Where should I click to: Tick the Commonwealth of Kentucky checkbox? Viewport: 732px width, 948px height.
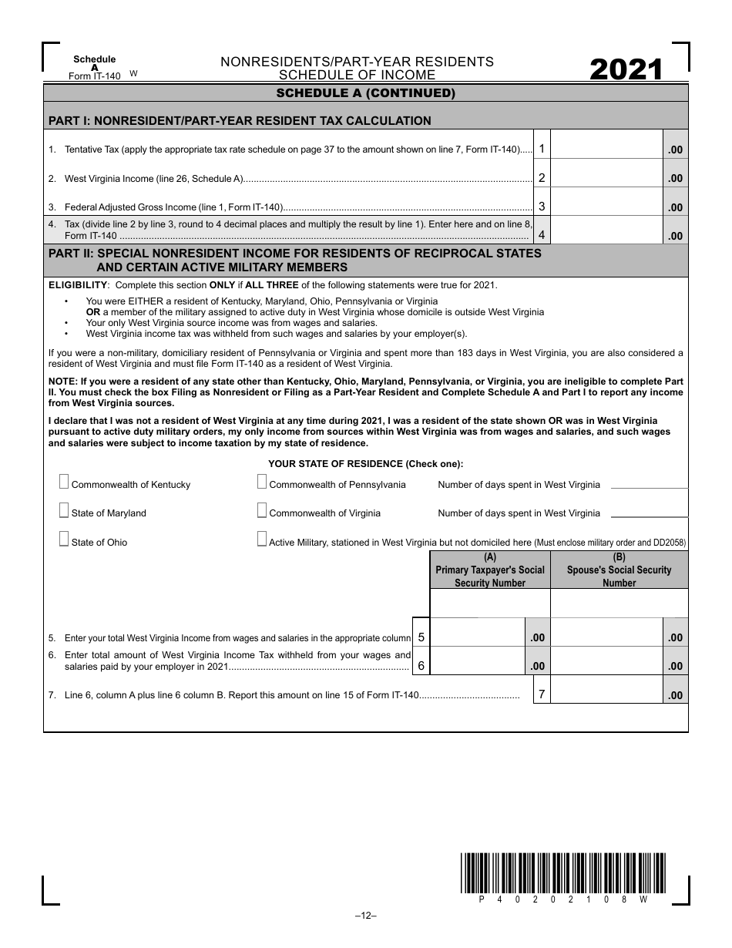coord(64,482)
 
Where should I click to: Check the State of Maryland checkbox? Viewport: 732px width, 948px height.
coord(64,511)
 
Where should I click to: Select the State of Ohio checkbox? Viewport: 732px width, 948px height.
coord(64,540)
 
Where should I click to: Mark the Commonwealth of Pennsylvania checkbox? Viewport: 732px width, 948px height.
coord(262,482)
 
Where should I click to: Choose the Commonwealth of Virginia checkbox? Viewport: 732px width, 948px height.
coord(262,511)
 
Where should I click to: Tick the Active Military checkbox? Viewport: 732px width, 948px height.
coord(262,540)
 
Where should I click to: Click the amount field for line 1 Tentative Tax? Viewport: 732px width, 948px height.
coord(606,149)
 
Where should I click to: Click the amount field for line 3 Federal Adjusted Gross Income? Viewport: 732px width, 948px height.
coord(606,206)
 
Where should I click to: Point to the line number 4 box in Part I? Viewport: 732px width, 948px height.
coord(542,235)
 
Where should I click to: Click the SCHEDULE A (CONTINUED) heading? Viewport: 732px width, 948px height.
coord(366,94)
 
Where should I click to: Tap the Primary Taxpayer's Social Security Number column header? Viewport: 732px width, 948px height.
coord(489,570)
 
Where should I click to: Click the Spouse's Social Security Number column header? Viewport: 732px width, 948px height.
coord(619,570)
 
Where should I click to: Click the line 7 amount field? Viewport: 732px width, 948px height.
coord(606,694)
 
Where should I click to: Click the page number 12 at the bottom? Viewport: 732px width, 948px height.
coord(365,916)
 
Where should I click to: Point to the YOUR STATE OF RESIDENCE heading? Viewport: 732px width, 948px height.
coord(365,464)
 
